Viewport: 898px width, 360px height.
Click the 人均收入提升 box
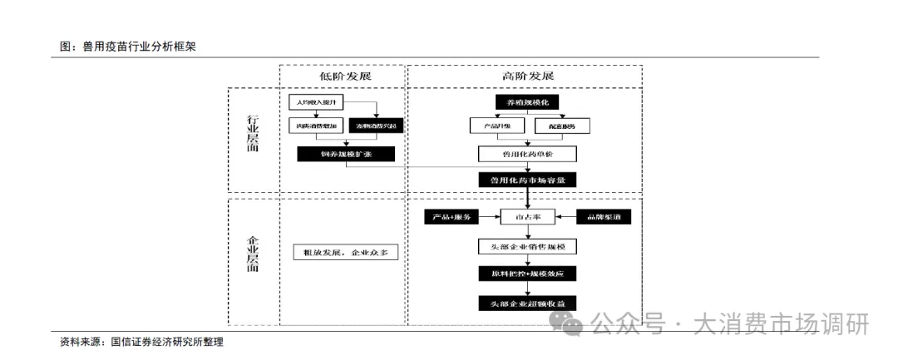[x=314, y=102]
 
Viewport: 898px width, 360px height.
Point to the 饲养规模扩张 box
[x=345, y=154]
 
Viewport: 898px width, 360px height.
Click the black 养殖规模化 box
[x=527, y=102]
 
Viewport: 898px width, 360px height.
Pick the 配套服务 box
[x=567, y=126]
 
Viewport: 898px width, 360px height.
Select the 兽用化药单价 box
[x=527, y=154]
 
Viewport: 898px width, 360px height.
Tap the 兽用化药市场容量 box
[x=527, y=179]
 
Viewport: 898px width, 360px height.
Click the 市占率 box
[x=527, y=217]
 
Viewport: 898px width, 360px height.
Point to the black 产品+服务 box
[x=451, y=217]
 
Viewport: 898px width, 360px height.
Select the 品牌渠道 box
[x=604, y=217]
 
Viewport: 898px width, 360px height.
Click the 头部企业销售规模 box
[x=527, y=246]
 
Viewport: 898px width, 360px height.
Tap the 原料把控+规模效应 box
[x=527, y=274]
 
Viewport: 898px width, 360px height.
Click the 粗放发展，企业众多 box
[x=346, y=252]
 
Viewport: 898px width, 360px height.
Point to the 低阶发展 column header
[x=344, y=76]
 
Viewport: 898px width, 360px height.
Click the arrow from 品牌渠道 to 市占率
[x=565, y=217]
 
